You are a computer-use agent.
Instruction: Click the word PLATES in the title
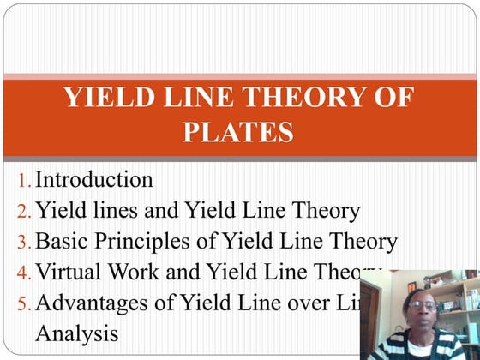click(x=238, y=134)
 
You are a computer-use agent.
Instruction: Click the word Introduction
click(x=94, y=180)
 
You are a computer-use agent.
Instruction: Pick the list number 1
click(x=23, y=182)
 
